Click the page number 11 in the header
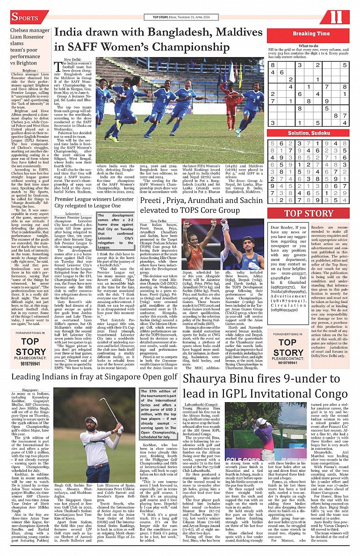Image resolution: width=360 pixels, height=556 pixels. pyautogui.click(x=337, y=17)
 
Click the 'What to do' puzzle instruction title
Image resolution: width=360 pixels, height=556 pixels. pyautogui.click(x=309, y=46)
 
